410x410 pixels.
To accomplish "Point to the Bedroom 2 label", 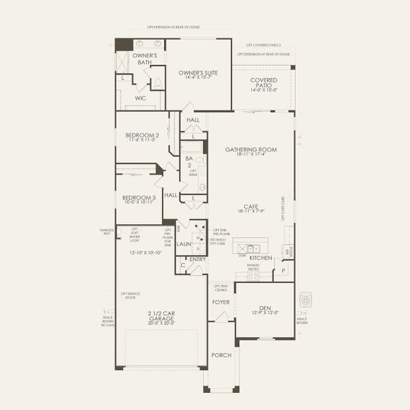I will click(x=142, y=135).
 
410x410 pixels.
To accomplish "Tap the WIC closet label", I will click(x=140, y=98).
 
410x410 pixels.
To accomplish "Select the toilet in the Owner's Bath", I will click(x=157, y=83).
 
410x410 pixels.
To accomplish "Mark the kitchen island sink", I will click(x=251, y=249).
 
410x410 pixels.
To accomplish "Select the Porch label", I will click(x=221, y=355).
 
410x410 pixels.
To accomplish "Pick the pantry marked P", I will click(x=283, y=271).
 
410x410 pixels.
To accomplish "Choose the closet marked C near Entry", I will click(x=182, y=265).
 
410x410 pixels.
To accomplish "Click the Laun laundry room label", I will click(x=183, y=243).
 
